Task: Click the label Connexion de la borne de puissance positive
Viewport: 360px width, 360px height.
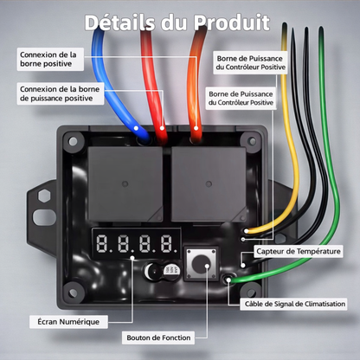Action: click(60, 93)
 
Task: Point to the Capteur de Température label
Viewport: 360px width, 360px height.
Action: click(299, 251)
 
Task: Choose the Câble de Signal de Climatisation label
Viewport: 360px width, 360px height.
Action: click(293, 303)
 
